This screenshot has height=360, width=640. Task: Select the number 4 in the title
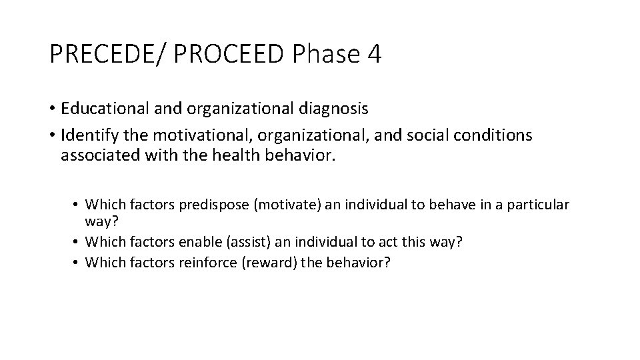pyautogui.click(x=374, y=54)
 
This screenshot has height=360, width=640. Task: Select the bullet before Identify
pyautogui.click(x=53, y=136)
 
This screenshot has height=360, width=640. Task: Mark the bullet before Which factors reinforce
pyautogui.click(x=78, y=263)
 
